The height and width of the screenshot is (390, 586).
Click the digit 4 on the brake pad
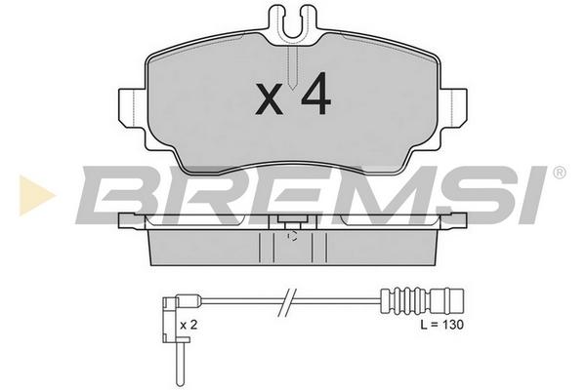(x=316, y=94)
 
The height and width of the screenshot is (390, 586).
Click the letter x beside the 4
(x=269, y=98)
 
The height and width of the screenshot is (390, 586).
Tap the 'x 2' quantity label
(x=188, y=325)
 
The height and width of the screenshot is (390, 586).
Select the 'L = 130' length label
(x=441, y=325)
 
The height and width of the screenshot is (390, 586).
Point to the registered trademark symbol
(x=559, y=173)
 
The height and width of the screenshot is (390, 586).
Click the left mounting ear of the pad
(x=132, y=106)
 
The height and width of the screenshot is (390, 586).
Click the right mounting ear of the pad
(x=453, y=106)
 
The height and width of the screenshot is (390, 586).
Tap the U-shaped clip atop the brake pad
(x=293, y=22)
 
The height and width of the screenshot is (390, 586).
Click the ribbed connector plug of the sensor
(x=422, y=299)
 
